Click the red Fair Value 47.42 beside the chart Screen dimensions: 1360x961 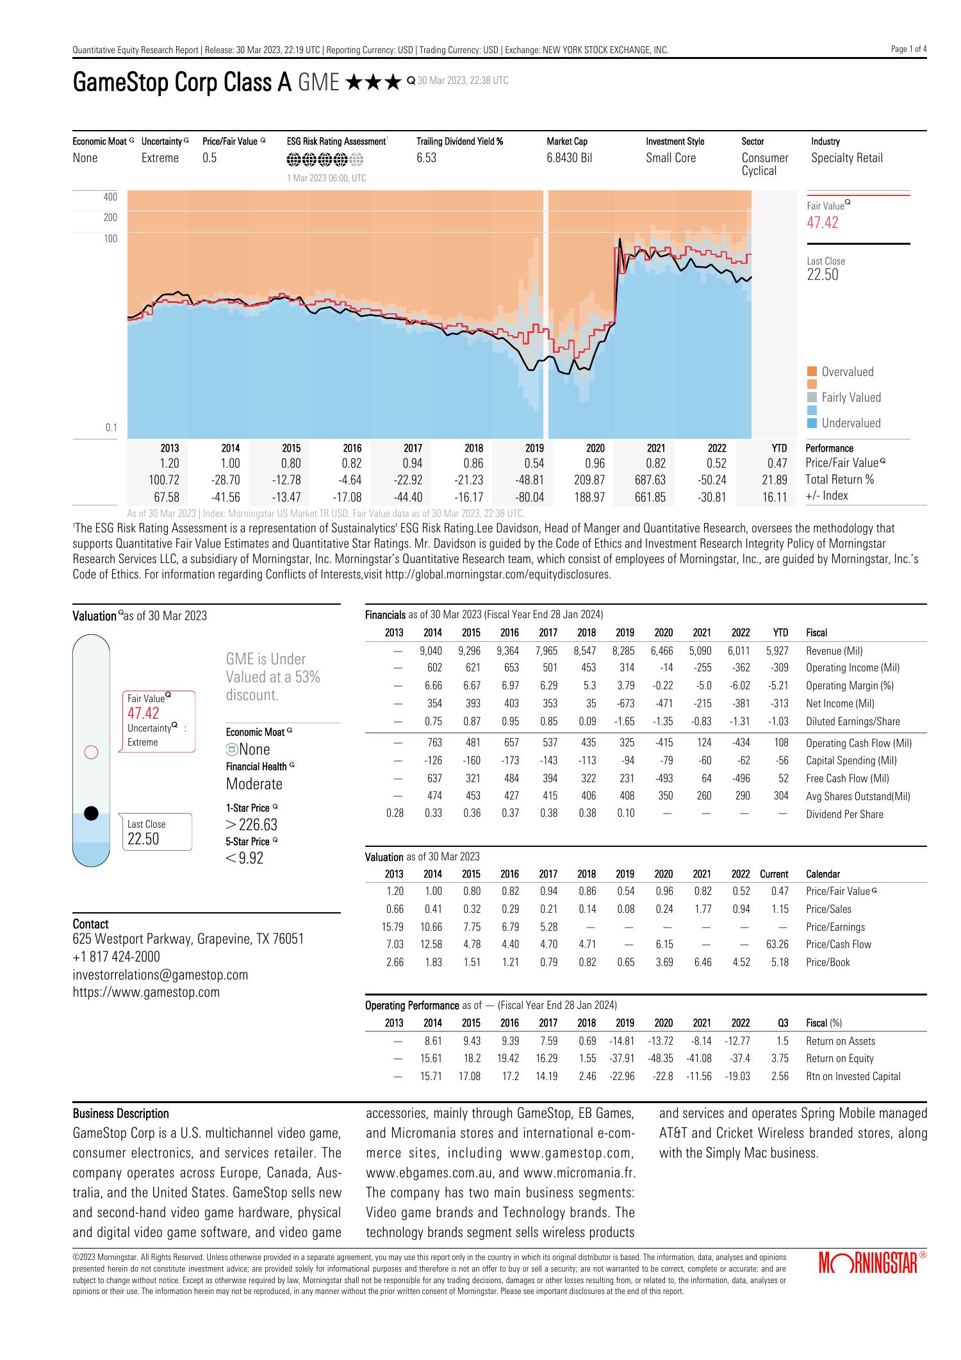tap(823, 223)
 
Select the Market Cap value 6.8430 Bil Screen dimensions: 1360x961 tap(569, 158)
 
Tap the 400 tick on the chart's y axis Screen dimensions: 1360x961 tap(110, 197)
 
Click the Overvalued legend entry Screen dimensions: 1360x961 tap(847, 372)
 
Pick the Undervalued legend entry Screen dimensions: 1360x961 tap(850, 423)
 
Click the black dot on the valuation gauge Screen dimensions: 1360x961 tap(92, 814)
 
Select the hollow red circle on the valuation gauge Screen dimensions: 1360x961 tap(92, 752)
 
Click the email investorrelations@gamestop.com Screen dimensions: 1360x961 tap(160, 974)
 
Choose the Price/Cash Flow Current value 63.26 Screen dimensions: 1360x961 tap(776, 944)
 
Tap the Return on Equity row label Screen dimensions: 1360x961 tap(839, 1058)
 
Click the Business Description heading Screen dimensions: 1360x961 tap(121, 1113)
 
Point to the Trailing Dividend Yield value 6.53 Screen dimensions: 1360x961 tap(426, 158)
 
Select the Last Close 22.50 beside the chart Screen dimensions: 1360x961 tap(823, 275)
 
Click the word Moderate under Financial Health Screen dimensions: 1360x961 tap(254, 783)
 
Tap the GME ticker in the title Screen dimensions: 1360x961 tap(318, 83)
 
